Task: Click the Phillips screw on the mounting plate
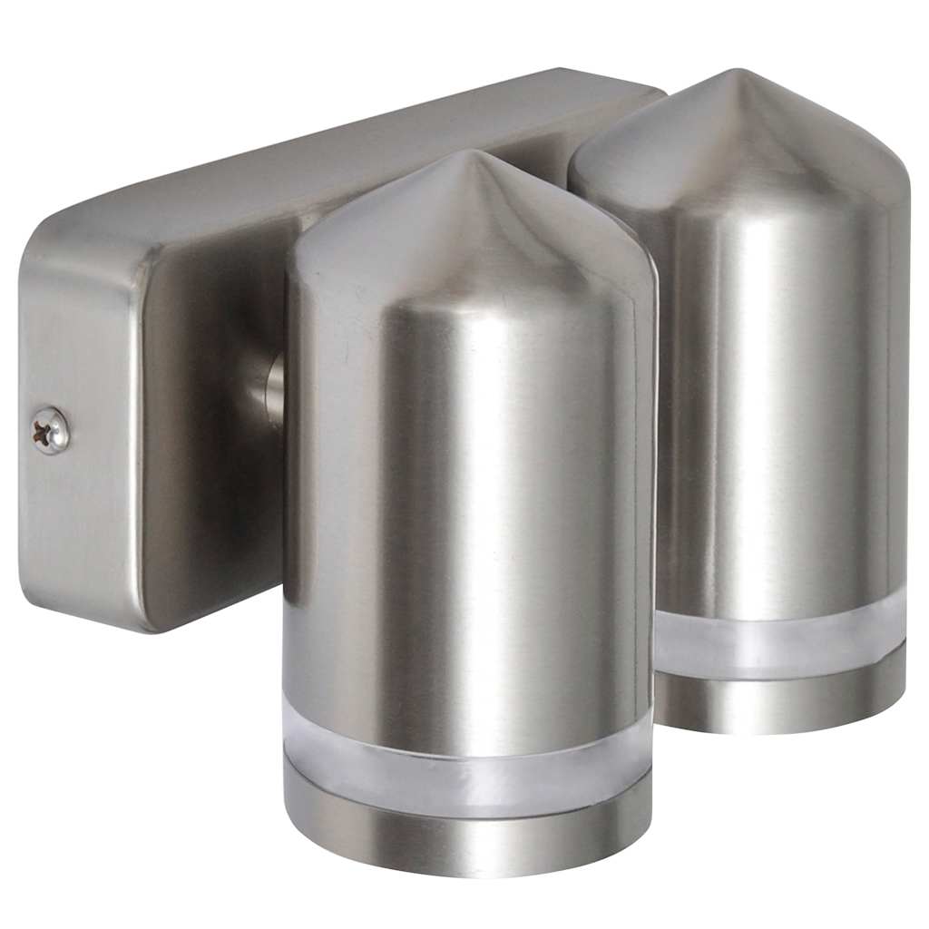pyautogui.click(x=51, y=429)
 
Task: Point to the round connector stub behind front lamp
pyautogui.click(x=273, y=390)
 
